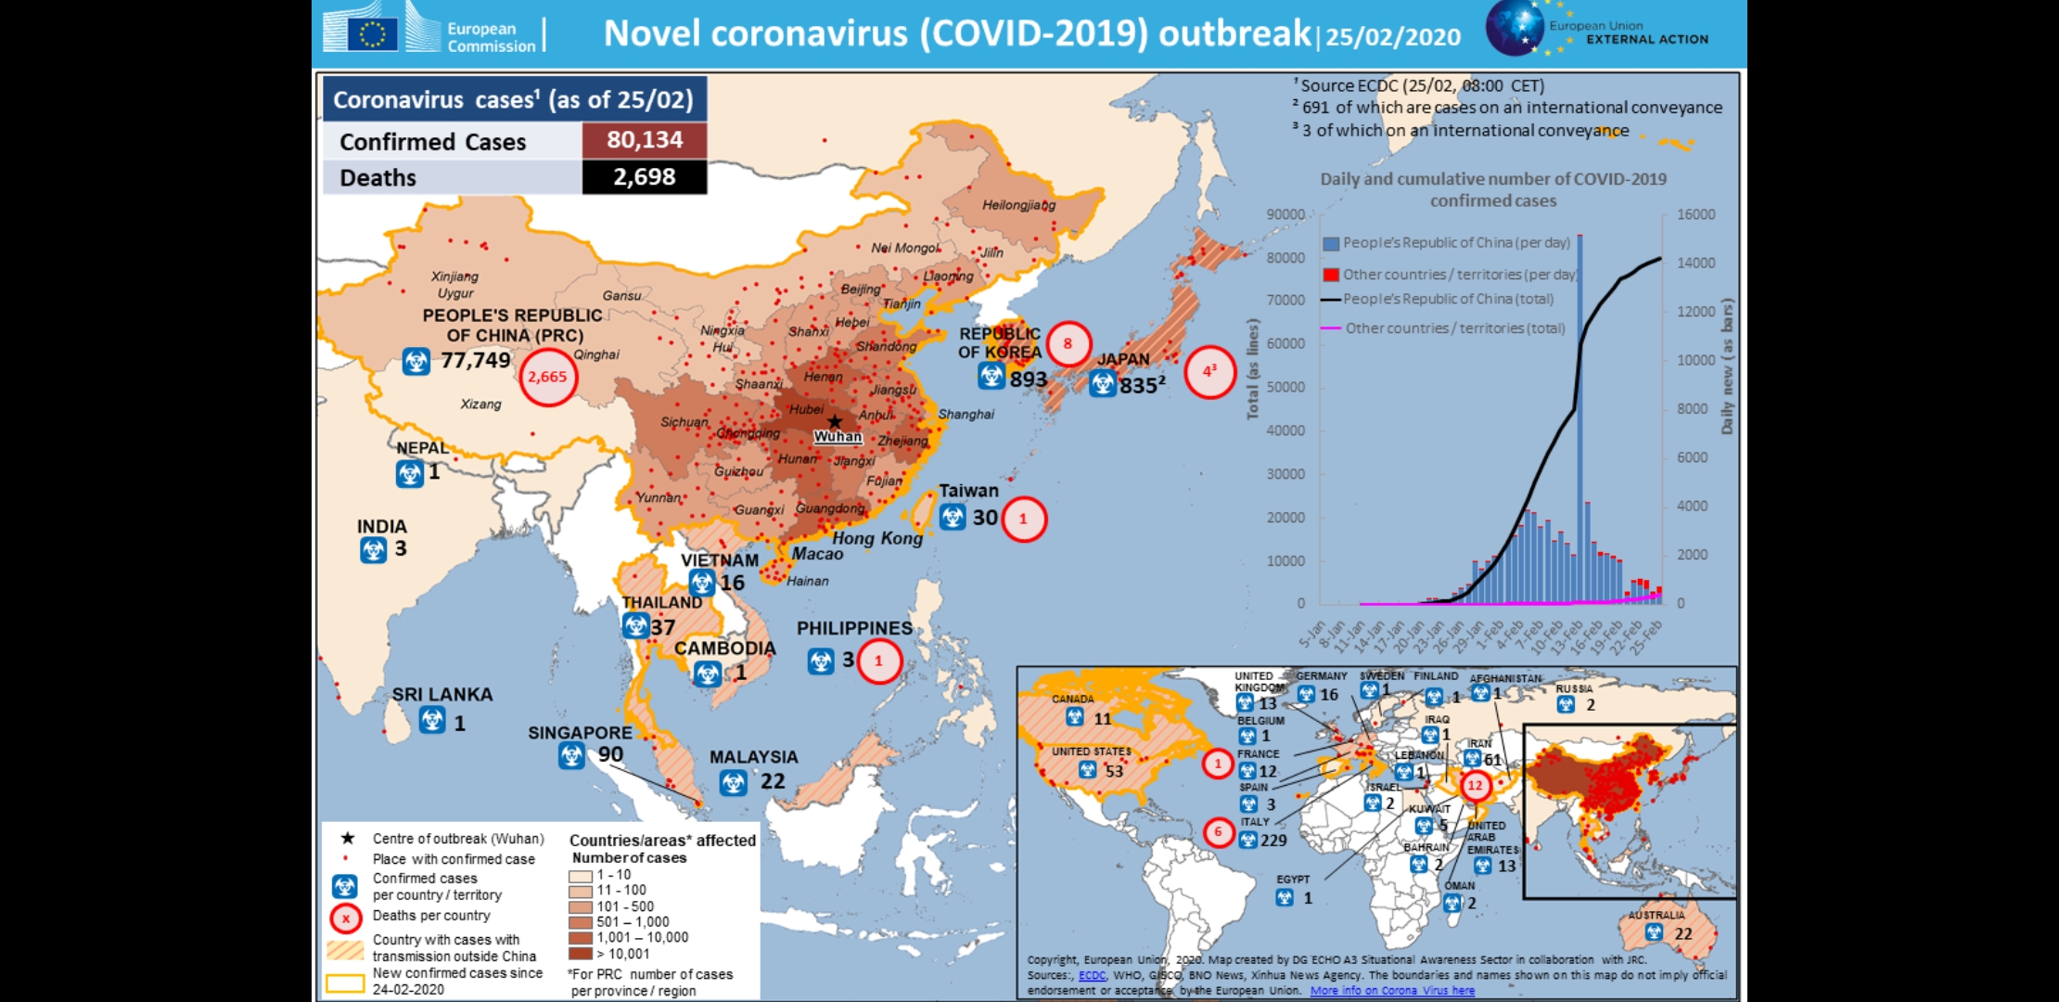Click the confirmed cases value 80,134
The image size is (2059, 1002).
(x=645, y=140)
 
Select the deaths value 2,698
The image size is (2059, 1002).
(x=645, y=177)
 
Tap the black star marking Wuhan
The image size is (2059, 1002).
(x=835, y=422)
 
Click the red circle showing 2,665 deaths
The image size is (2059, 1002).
(x=547, y=377)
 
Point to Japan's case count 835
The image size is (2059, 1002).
(x=1137, y=385)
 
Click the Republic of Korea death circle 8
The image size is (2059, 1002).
(x=1068, y=343)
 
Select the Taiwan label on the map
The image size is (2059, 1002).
(x=968, y=491)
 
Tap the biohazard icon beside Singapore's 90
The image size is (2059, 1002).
(x=571, y=756)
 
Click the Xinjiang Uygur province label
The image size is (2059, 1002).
(x=454, y=284)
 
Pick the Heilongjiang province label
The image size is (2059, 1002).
(x=1018, y=205)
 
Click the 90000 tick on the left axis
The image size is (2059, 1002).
(x=1285, y=214)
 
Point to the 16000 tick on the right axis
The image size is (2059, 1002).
(x=1696, y=214)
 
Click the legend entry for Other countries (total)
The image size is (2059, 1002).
(x=1454, y=328)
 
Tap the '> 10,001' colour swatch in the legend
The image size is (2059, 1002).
(x=581, y=954)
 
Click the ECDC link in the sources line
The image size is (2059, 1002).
(x=1092, y=975)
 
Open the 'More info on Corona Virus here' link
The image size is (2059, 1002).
(x=1392, y=991)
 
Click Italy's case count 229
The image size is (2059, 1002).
(x=1273, y=841)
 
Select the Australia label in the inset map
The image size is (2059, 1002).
(x=1656, y=915)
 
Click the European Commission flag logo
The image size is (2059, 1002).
(x=373, y=34)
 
